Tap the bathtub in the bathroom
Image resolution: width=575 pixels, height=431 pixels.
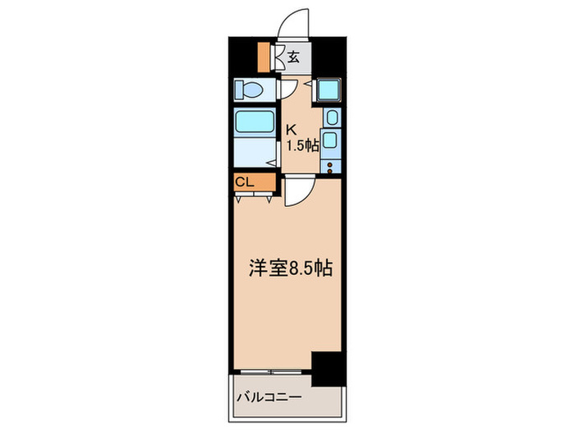coord(256,122)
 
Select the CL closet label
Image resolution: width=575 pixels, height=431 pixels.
coord(245,182)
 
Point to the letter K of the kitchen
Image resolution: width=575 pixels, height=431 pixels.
coord(290,130)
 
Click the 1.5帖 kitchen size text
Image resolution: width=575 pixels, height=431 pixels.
coord(301,146)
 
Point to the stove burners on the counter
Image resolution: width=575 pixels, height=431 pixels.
coord(330,168)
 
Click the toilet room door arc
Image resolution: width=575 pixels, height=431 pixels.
coord(287,89)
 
